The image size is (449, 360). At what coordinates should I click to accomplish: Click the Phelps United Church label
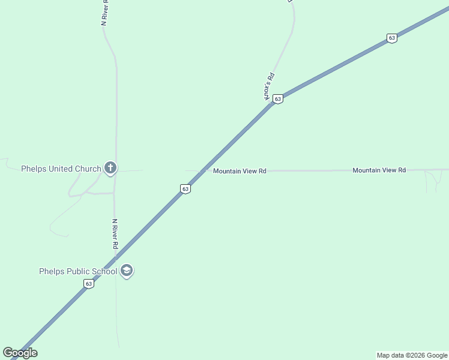click(x=61, y=169)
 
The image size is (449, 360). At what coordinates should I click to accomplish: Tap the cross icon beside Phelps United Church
click(x=110, y=169)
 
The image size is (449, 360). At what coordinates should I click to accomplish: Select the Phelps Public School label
click(x=77, y=271)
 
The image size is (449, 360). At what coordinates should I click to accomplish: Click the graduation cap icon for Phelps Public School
click(x=127, y=271)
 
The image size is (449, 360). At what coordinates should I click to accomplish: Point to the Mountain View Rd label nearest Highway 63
click(x=240, y=171)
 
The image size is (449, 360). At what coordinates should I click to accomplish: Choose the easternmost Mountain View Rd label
click(x=379, y=170)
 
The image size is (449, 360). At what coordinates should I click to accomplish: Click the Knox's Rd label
click(x=269, y=86)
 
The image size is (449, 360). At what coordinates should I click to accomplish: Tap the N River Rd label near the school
click(x=115, y=234)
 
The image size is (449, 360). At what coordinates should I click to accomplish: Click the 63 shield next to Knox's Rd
click(x=277, y=99)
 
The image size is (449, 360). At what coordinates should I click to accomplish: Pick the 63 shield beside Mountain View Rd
click(x=185, y=189)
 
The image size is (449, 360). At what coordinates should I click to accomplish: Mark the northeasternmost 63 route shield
click(x=392, y=38)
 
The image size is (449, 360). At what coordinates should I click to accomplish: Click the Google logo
click(x=20, y=353)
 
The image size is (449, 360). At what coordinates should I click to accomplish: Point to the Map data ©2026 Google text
click(x=412, y=355)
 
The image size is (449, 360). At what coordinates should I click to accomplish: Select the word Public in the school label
click(x=80, y=271)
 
